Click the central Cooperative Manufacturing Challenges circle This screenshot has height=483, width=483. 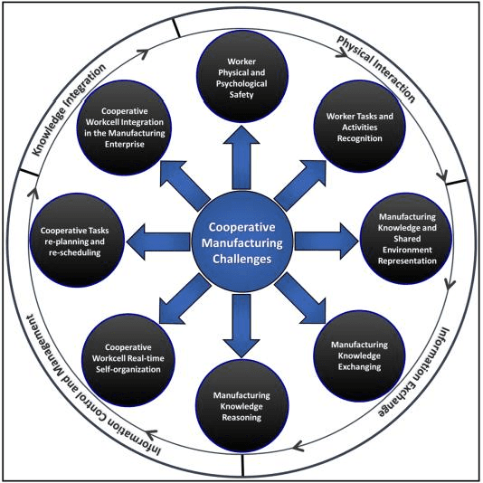point(241,240)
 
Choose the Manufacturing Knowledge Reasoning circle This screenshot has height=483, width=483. point(241,401)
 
